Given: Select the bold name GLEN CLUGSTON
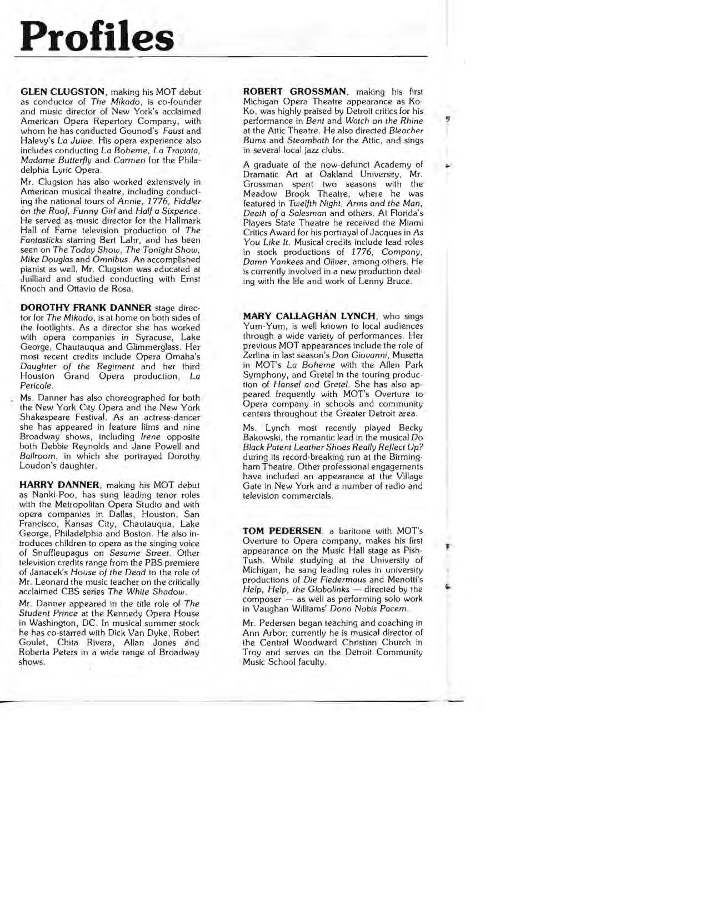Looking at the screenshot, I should [x=62, y=92].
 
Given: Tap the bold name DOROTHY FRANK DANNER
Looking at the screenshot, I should [x=86, y=308].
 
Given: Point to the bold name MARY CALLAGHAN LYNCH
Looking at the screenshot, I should [x=309, y=316].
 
